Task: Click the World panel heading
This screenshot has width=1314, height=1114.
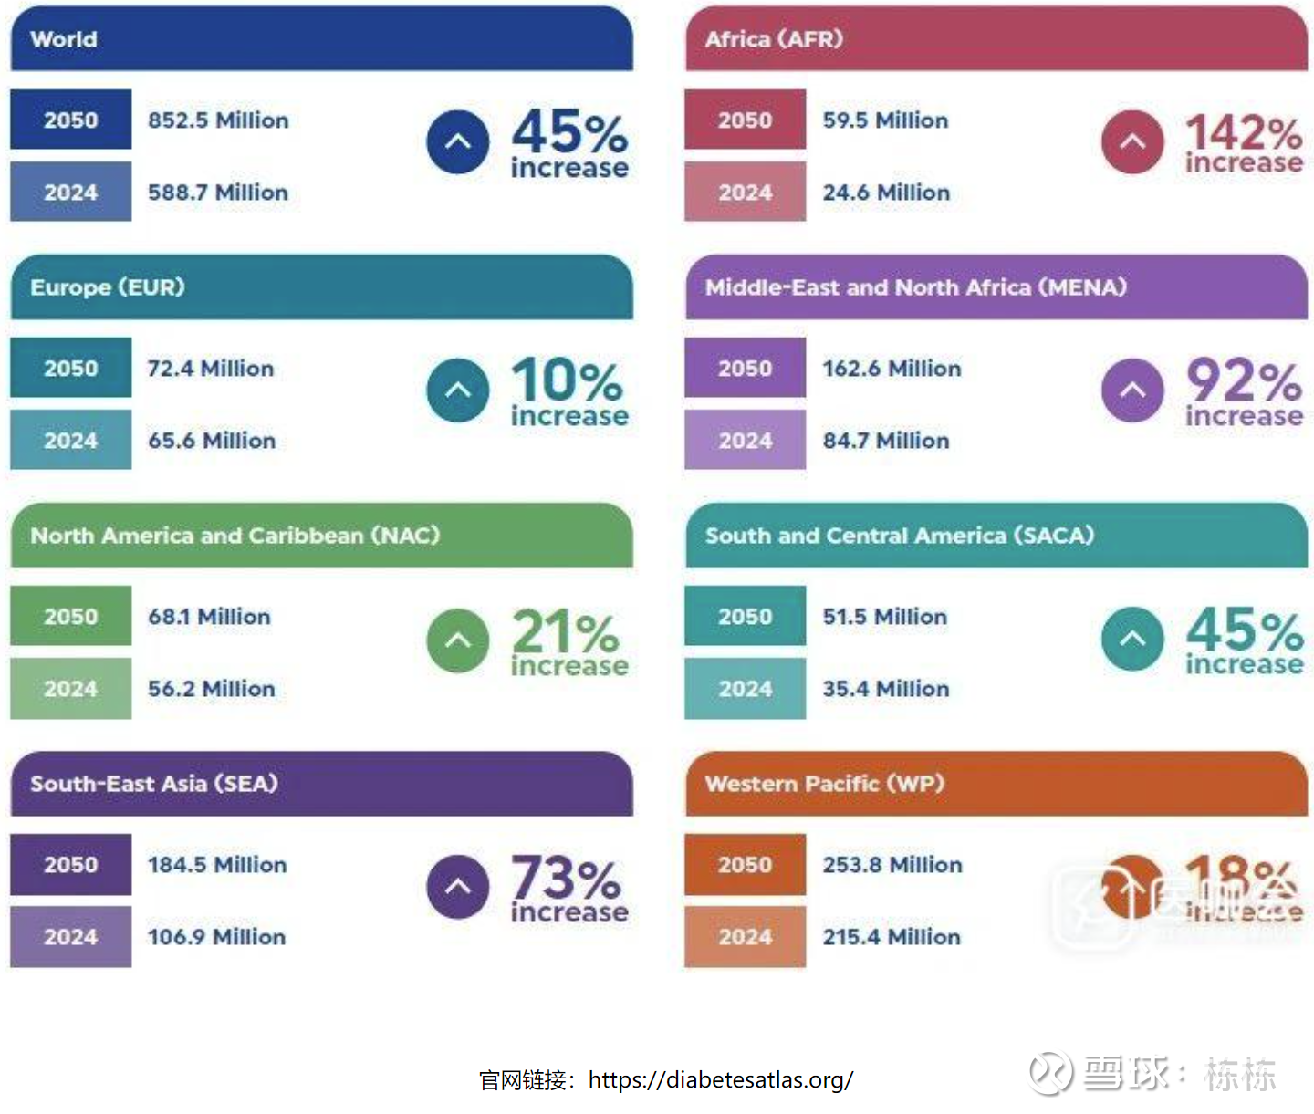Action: tap(64, 39)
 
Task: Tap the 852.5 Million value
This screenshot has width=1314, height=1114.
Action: tap(218, 120)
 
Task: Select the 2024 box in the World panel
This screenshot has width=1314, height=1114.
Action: tap(71, 193)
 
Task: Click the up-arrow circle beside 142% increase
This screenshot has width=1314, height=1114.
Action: tap(1132, 141)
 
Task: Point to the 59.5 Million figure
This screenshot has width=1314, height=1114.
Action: tap(885, 120)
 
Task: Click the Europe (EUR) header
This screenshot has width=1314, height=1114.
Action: tap(108, 287)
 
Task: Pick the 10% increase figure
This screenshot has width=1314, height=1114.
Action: tap(568, 390)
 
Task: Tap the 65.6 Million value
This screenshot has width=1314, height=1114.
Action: tap(212, 441)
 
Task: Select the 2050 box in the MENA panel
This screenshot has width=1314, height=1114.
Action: tap(745, 369)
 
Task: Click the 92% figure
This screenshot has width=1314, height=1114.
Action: tap(1243, 381)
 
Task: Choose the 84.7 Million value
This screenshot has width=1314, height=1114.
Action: tap(885, 441)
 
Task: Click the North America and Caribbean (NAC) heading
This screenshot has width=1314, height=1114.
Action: tap(235, 536)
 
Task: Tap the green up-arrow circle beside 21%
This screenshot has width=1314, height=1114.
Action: tap(458, 640)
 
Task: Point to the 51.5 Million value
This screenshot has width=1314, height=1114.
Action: tap(884, 617)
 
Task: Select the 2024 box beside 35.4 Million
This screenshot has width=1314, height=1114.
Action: tap(745, 689)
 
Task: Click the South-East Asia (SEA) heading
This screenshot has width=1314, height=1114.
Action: tap(154, 784)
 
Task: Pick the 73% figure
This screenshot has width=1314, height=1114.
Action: tap(567, 878)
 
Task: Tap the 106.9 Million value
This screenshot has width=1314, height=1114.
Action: tap(216, 937)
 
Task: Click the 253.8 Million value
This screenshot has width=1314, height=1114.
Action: tap(892, 865)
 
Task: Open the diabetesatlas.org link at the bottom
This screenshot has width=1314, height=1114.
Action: tap(720, 1080)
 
